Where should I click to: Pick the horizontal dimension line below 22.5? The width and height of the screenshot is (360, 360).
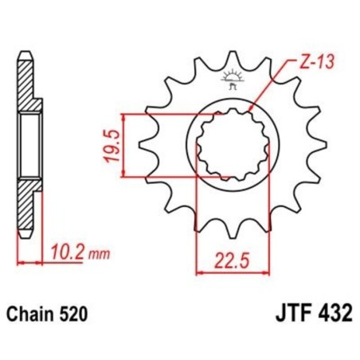pyautogui.click(x=233, y=272)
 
